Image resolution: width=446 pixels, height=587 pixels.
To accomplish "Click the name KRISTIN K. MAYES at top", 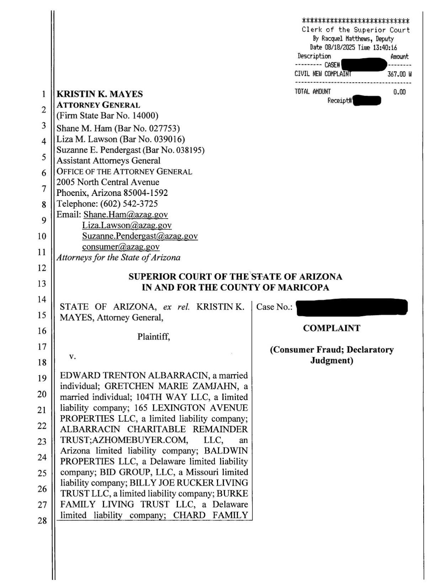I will pos(100,94).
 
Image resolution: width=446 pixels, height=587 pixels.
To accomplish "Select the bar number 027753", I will pos(164,128).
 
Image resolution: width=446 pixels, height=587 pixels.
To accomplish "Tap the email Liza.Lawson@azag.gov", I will pos(127,225).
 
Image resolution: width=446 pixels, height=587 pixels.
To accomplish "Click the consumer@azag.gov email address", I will pos(121,247).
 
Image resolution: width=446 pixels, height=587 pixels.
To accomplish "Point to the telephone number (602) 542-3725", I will pos(129,204).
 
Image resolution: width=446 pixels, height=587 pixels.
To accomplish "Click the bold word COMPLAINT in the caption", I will pos(331,328).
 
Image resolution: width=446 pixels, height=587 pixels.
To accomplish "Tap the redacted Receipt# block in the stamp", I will pos(367,101).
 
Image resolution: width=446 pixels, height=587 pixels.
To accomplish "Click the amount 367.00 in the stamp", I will pos(397,74).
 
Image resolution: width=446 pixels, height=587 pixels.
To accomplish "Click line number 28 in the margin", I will pos(42,521).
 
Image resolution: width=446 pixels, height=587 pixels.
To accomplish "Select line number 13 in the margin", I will pos(42,284).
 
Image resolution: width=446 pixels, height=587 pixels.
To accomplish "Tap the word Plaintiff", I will pos(154,337).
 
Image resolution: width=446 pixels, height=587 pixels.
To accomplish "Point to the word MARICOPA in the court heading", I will pos(303,288).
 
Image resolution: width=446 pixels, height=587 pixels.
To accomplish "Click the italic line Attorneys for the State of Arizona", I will pos(118,257).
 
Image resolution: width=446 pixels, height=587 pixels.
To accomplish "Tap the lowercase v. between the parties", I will pos(72,356).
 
